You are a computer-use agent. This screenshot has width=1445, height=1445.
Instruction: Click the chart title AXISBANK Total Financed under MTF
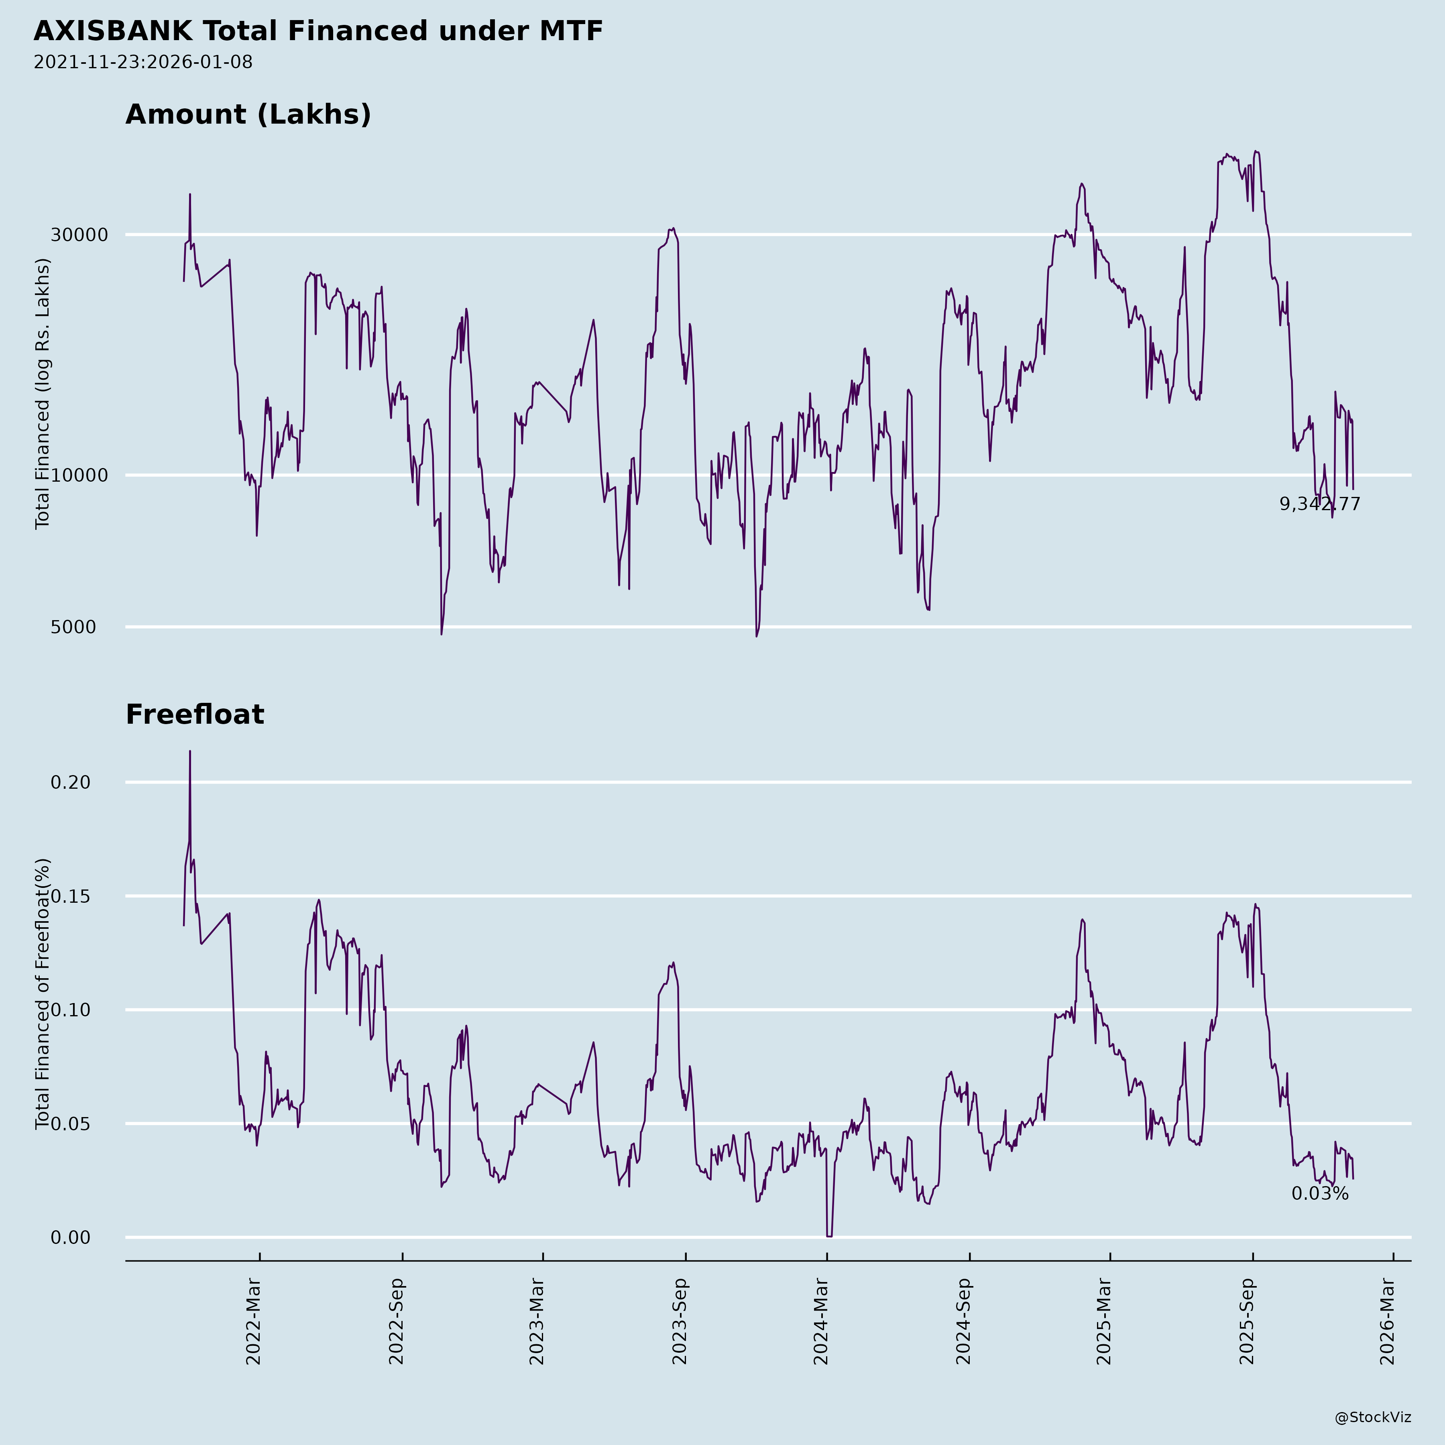(318, 31)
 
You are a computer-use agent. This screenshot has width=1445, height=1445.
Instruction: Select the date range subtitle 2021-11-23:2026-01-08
(143, 62)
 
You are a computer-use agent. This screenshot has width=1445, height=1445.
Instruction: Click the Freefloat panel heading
(194, 714)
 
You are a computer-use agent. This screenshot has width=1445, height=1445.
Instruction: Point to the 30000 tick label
(79, 235)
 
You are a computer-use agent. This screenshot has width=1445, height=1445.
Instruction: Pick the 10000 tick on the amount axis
(79, 475)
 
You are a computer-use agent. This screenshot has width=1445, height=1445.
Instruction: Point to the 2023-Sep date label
(680, 1322)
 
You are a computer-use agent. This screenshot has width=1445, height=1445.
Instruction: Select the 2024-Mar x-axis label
(821, 1322)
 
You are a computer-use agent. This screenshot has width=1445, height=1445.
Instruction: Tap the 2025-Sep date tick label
(1247, 1322)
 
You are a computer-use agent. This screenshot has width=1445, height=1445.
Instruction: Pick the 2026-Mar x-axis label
(1388, 1322)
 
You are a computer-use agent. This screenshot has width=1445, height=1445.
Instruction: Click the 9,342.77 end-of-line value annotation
(1319, 504)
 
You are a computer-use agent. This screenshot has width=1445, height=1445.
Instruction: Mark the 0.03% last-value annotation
(1319, 1194)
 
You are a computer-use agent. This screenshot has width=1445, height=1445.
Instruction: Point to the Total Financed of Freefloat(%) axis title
(43, 994)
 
